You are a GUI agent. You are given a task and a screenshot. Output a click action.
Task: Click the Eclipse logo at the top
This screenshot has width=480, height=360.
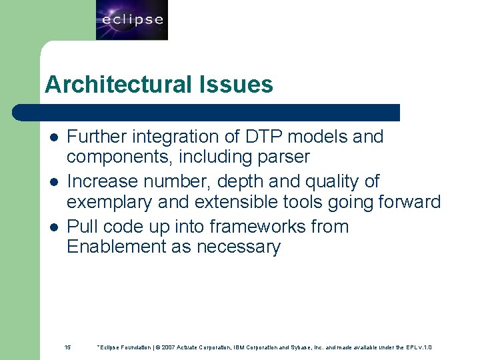pos(132,20)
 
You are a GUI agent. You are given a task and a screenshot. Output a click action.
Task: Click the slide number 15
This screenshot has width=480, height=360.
pos(67,347)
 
